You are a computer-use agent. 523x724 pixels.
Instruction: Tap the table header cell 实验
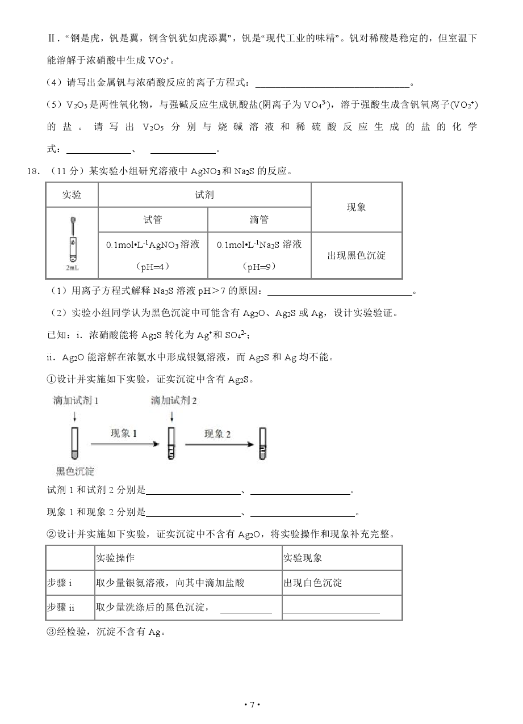click(72, 195)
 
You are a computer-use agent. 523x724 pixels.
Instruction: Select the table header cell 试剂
click(204, 195)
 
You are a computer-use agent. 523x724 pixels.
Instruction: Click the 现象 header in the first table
click(357, 207)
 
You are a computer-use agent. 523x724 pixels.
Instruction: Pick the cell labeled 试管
click(153, 220)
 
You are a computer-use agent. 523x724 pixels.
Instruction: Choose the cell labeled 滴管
click(259, 220)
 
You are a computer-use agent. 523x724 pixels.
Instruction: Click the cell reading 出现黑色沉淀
click(357, 255)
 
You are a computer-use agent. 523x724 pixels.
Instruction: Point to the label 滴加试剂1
click(76, 401)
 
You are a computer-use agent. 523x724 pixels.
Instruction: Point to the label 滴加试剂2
click(174, 401)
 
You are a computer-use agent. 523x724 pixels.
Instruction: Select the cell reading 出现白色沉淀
click(312, 583)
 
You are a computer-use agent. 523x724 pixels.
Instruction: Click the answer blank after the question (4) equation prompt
click(332, 83)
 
